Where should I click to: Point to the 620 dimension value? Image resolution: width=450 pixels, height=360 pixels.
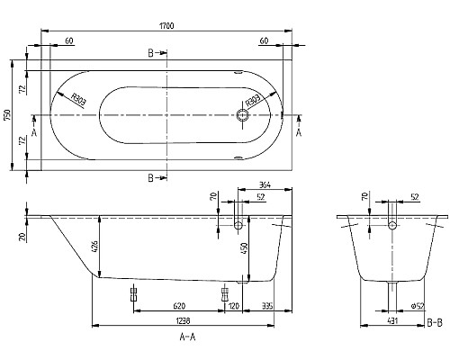click(180, 306)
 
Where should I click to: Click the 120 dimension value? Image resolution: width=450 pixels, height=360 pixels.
click(234, 306)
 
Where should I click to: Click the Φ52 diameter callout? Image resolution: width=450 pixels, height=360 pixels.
click(416, 307)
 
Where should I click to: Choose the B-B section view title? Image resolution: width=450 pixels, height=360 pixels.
click(433, 321)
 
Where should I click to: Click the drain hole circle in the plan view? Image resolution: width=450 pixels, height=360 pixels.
click(241, 115)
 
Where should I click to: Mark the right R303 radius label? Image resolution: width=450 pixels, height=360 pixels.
click(253, 101)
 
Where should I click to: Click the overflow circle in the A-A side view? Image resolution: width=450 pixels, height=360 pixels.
click(238, 222)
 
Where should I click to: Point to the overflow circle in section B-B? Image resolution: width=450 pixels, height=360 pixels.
click(392, 222)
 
